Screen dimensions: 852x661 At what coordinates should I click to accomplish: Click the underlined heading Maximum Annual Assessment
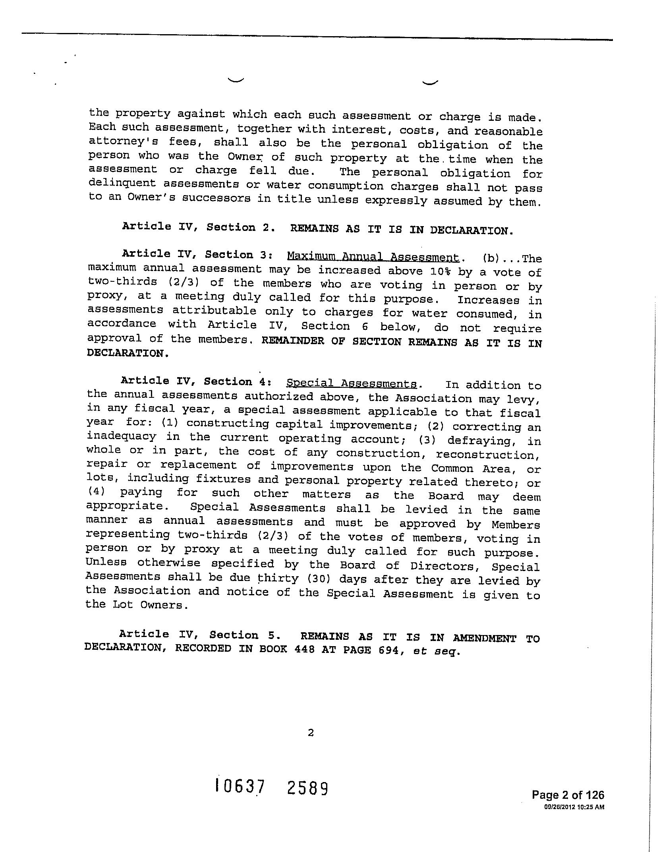(373, 257)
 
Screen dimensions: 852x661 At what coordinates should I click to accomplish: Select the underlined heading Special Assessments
(352, 383)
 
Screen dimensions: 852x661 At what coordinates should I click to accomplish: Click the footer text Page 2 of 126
(568, 795)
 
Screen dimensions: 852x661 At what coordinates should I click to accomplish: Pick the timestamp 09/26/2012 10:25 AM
(574, 807)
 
